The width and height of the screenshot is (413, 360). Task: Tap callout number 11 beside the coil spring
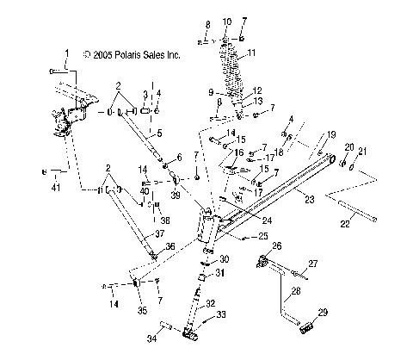pos(251,53)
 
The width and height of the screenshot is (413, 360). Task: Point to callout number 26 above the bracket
pos(277,245)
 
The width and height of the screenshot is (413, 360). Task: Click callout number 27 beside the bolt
pos(314,264)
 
